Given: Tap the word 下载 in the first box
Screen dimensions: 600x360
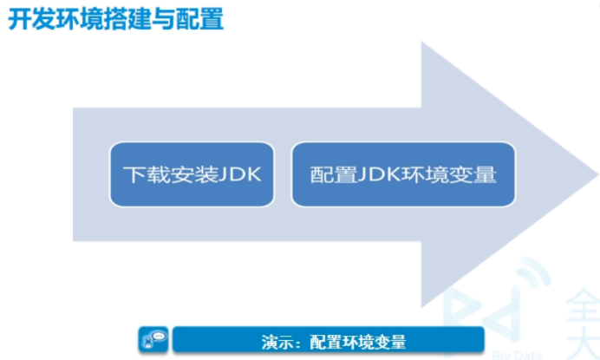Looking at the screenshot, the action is [142, 174].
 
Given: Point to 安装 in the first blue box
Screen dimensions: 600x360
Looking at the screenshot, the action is [189, 174].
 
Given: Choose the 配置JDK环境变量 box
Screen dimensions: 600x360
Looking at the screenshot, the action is [402, 174].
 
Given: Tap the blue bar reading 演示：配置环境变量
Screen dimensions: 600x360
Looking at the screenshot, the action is [328, 340].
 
